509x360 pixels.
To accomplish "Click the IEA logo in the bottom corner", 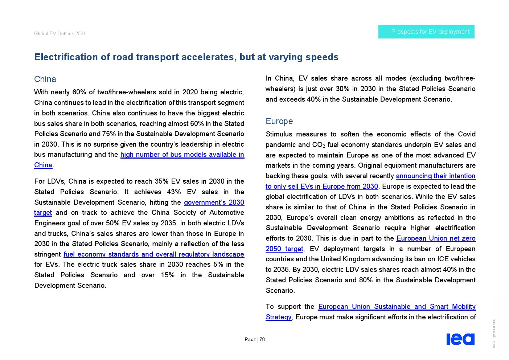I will click(460, 339).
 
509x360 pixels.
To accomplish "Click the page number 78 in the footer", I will click(262, 340).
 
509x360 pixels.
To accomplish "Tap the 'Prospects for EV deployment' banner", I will click(426, 32).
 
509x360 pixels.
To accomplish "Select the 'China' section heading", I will click(45, 79).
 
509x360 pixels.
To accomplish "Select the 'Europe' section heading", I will click(279, 121).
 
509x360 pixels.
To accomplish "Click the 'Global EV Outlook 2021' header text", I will click(60, 33).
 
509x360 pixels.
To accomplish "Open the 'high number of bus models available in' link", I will click(182, 155).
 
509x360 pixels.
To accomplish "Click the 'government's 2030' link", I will click(214, 202).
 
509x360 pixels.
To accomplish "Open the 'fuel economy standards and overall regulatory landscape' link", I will click(154, 254).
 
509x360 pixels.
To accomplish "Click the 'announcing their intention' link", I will click(435, 176).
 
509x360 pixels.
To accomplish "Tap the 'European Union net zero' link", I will click(436, 238).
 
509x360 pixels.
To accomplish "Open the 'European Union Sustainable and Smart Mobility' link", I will click(397, 307).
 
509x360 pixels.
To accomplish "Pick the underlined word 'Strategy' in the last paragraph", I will click(278, 317).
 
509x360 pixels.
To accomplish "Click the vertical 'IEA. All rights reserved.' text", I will click(493, 333).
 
